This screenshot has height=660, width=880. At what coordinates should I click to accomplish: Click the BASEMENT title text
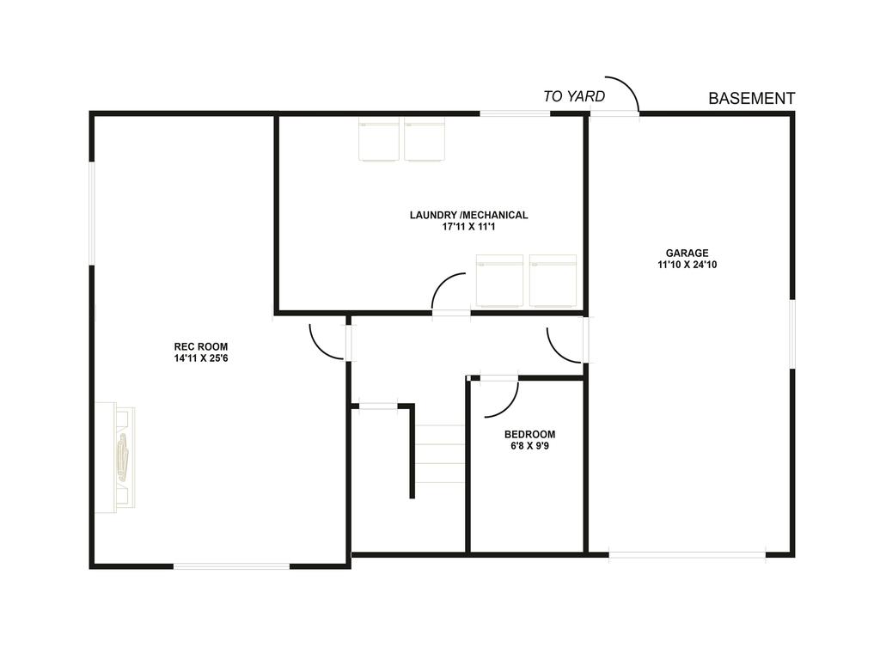coord(751,99)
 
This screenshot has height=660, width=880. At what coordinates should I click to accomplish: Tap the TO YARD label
coord(574,96)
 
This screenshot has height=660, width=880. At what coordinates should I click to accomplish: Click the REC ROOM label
coord(200,347)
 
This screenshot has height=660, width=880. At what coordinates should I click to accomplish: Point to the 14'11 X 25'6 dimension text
coord(200,358)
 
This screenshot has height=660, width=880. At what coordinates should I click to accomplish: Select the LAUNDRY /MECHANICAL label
coord(468,215)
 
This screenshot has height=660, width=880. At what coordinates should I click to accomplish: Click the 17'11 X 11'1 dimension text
coord(468,227)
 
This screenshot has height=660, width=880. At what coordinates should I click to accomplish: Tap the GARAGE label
coord(687,253)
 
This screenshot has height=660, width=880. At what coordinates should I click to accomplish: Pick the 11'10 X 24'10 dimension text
coord(687,265)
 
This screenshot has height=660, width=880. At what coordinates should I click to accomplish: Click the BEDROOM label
coord(529,434)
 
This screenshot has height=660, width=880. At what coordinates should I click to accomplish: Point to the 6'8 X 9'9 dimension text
coord(529,446)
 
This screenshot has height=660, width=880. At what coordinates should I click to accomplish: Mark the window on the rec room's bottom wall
coord(232,565)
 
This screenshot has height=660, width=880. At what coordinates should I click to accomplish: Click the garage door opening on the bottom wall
coord(687,554)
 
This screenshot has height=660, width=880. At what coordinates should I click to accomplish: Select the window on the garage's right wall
coord(792,334)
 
